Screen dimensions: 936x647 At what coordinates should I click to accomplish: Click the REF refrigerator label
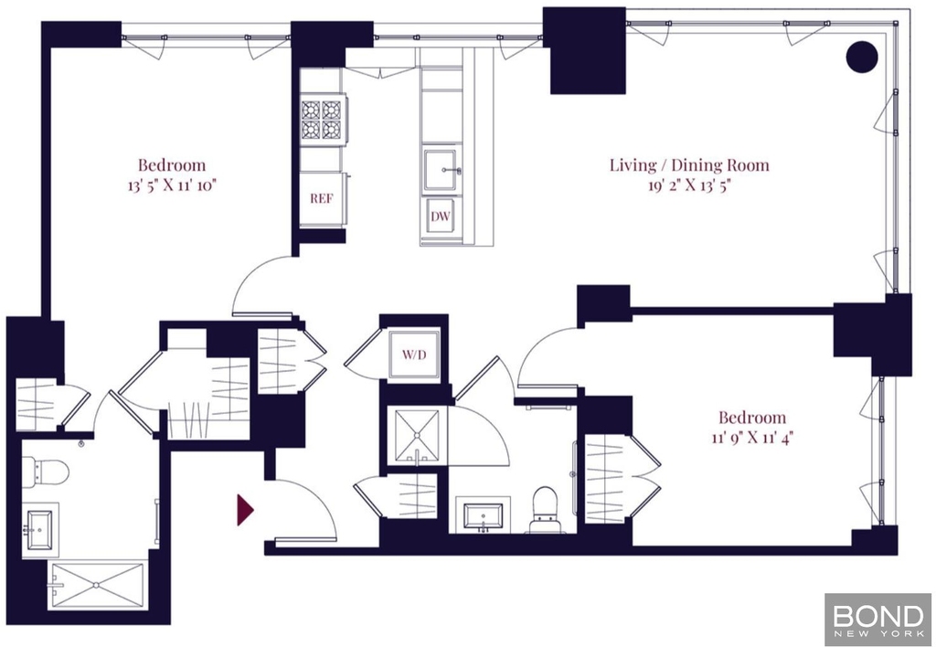pyautogui.click(x=321, y=198)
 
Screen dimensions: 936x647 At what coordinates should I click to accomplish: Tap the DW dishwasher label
pyautogui.click(x=441, y=217)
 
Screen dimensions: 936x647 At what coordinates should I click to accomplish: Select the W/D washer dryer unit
pyautogui.click(x=414, y=355)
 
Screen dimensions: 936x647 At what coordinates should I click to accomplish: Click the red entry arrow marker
pyautogui.click(x=245, y=510)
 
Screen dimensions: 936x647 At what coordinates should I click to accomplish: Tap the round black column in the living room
pyautogui.click(x=862, y=58)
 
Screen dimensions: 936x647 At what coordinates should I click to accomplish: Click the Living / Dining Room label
pyautogui.click(x=689, y=165)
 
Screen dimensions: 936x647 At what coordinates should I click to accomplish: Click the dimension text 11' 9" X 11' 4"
pyautogui.click(x=752, y=439)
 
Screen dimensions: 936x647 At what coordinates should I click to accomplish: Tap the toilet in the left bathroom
pyautogui.click(x=46, y=472)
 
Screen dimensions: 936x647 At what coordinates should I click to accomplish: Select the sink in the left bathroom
pyautogui.click(x=40, y=529)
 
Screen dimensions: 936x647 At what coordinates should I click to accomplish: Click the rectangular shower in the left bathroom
pyautogui.click(x=98, y=585)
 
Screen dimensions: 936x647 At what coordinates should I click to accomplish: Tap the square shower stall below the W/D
pyautogui.click(x=416, y=435)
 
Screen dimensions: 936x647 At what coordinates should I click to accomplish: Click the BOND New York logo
pyautogui.click(x=878, y=620)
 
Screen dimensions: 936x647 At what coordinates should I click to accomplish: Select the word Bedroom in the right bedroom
pyautogui.click(x=752, y=418)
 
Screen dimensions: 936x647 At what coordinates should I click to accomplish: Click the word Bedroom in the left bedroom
pyautogui.click(x=171, y=165)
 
